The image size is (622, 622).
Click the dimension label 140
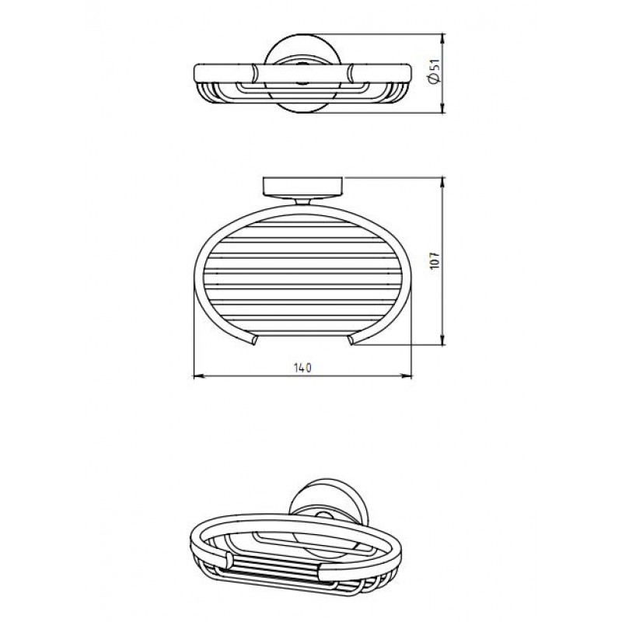(x=302, y=368)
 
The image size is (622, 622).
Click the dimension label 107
(x=435, y=260)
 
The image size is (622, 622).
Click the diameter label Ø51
(x=435, y=72)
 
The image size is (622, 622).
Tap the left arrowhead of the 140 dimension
(x=198, y=376)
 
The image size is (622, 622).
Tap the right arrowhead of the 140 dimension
(x=407, y=376)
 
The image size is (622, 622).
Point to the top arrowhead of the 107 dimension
(x=442, y=183)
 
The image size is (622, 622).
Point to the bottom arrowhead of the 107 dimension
(x=442, y=339)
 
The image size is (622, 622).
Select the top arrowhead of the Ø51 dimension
(x=442, y=40)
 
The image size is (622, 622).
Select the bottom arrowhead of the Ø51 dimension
(x=442, y=107)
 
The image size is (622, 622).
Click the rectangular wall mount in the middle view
(x=302, y=187)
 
